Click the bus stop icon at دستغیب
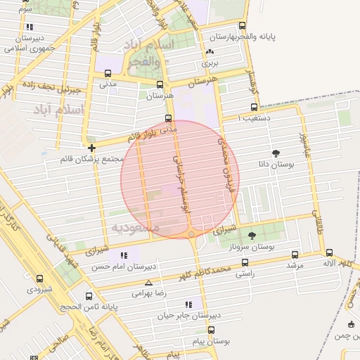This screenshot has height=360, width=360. click(x=254, y=108)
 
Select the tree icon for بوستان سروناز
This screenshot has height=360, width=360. click(x=252, y=236)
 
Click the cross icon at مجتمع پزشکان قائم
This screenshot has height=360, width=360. click(x=92, y=148)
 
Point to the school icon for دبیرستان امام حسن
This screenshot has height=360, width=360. click(x=124, y=255)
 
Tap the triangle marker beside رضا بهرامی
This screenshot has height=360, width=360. click(x=148, y=281)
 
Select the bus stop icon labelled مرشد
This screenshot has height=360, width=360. click(x=295, y=255)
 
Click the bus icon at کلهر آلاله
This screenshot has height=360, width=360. click(x=329, y=252)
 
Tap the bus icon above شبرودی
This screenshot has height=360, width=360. click(x=39, y=278)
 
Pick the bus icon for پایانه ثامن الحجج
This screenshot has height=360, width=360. click(x=89, y=296)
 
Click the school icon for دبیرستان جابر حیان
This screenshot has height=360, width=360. click(x=188, y=304)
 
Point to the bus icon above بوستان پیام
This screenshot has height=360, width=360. click(x=211, y=330)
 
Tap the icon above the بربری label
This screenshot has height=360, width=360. click(x=210, y=51)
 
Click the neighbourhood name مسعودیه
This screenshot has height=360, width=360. click(x=135, y=229)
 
